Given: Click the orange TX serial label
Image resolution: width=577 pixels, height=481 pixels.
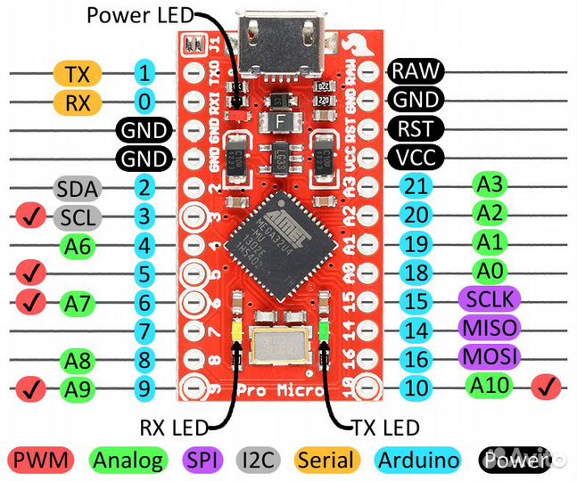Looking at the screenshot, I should point(78,73).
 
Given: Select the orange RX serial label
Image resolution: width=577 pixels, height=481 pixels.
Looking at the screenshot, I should point(78,102).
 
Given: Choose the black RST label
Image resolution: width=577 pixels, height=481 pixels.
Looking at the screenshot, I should point(416,129).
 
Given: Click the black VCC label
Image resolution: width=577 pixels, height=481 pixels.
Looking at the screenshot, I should point(416,158).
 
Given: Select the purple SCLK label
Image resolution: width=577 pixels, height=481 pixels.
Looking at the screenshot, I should point(488,298).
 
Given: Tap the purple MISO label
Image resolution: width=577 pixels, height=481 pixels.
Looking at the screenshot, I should point(488,328).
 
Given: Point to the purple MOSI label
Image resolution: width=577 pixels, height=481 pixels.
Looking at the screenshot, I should point(488,356).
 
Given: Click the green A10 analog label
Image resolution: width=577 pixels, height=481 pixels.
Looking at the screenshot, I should point(490,386).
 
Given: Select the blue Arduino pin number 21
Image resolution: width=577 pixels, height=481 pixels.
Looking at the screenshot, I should point(416,186).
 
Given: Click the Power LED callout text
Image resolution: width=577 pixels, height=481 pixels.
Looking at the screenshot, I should point(139,14).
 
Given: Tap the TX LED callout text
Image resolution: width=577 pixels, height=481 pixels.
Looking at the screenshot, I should point(381,427).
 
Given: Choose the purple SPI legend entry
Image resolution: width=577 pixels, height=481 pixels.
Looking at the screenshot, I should point(207,460).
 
